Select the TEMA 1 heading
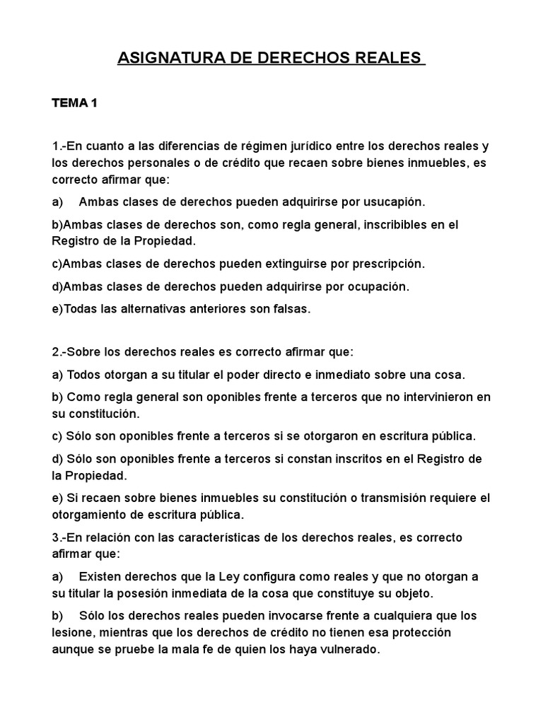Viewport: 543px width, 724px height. pos(74,104)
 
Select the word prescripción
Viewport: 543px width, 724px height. pos(385,264)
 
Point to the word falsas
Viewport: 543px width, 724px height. pos(291,309)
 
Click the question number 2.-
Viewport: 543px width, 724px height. pos(59,351)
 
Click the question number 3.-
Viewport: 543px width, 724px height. pos(59,537)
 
